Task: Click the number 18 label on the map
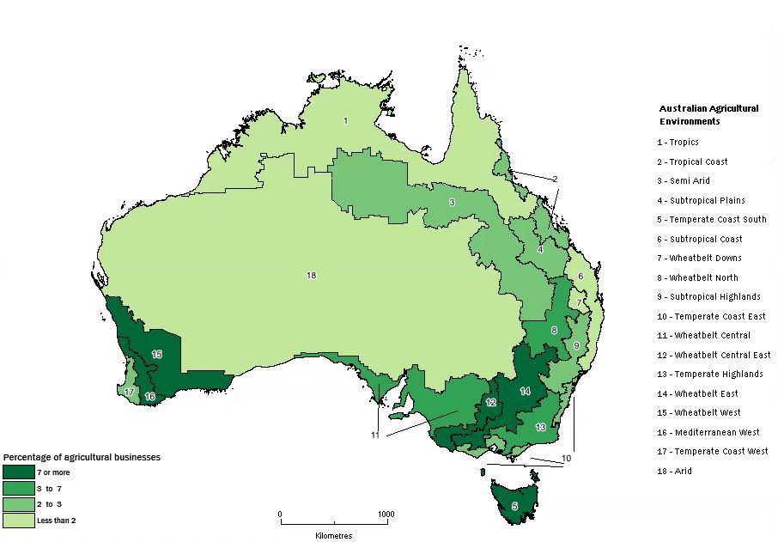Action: point(311,275)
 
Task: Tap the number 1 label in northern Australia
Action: point(345,121)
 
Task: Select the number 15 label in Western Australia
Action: point(156,354)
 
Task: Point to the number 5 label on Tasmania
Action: point(514,506)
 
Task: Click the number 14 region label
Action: point(526,391)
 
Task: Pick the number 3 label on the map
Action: point(452,203)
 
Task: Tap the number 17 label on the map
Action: point(129,392)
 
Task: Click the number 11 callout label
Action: point(375,435)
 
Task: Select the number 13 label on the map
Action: point(540,427)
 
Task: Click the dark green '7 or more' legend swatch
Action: point(17,472)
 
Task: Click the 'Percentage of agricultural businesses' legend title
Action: point(82,457)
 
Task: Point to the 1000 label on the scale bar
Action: point(386,515)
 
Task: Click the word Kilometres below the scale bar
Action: point(333,535)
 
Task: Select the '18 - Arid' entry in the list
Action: point(673,471)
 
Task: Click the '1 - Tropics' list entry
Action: point(678,143)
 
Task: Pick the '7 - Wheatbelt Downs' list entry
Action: point(700,258)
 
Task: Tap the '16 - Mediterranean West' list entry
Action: point(709,432)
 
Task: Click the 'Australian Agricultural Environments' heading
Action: point(708,115)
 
